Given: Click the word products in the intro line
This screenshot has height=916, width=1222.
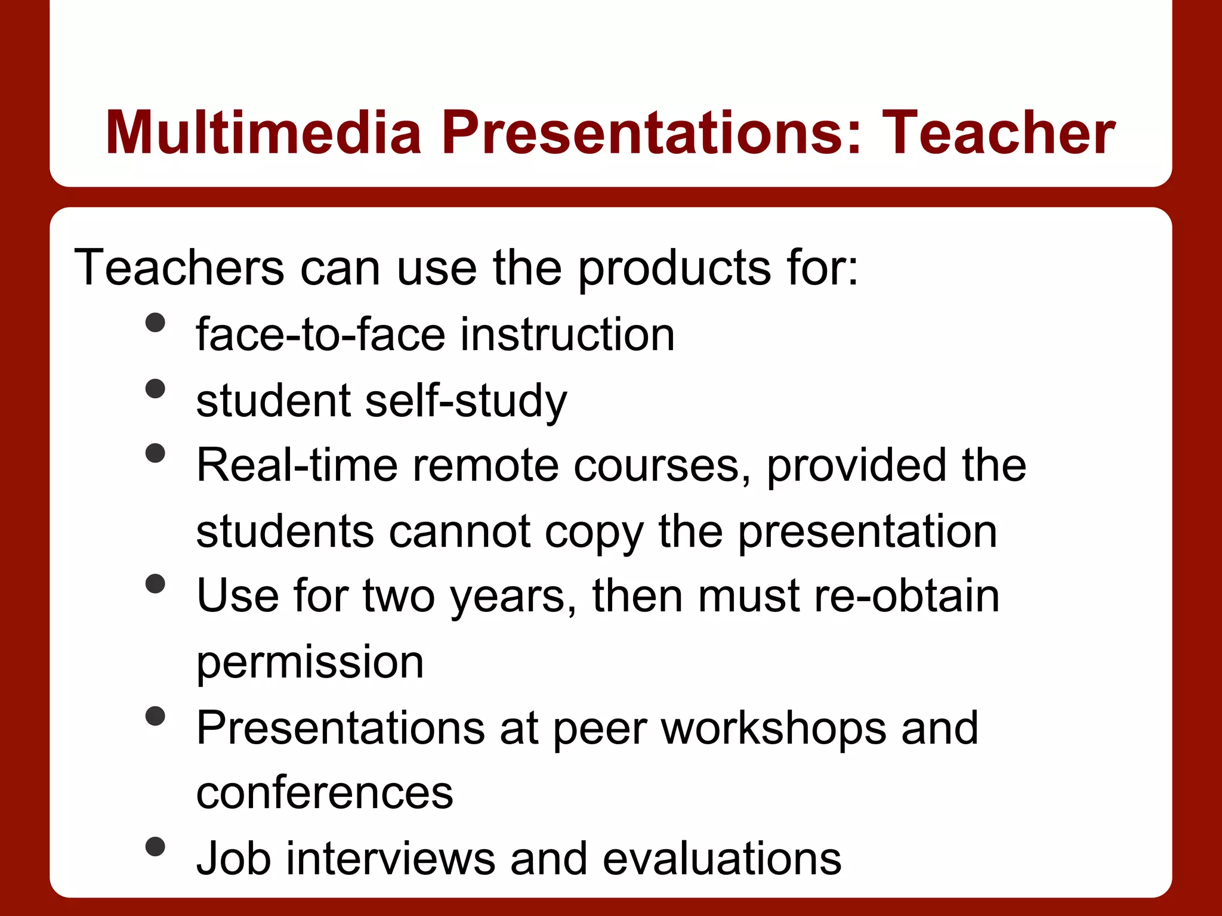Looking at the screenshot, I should coord(674,268).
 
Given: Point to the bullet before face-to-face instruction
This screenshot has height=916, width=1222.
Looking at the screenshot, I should coord(155,323).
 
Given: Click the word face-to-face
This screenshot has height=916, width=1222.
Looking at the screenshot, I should coord(320,334).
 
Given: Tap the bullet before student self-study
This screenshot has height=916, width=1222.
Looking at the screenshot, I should coord(155,389).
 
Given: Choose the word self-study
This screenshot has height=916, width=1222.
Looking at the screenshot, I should coord(466,401).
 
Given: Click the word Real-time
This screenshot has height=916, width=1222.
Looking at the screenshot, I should coord(297,465).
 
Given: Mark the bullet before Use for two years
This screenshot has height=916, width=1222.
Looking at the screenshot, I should coord(155,584).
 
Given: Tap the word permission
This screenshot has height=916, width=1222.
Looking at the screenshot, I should coord(310,662).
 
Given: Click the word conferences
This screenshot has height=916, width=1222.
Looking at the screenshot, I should coord(325,793).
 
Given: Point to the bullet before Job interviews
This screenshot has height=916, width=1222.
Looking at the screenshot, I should coord(155,846).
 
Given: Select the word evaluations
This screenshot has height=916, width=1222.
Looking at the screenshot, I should coord(721,859).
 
